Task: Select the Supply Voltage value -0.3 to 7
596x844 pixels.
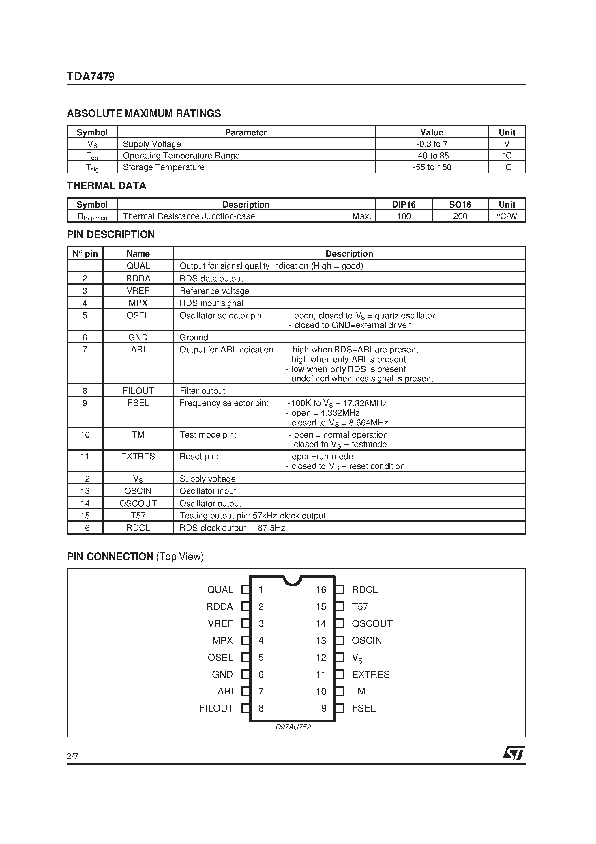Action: (432, 144)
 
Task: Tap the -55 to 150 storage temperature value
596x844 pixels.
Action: (432, 167)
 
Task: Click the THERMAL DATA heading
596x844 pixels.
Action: (106, 186)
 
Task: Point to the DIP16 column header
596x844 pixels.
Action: (404, 204)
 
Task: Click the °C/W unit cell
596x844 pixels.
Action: (507, 216)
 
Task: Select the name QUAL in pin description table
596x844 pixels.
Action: (138, 266)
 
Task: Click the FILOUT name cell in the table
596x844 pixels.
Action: (138, 391)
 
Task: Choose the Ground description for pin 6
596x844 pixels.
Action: (194, 337)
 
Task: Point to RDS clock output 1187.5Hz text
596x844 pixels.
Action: (232, 528)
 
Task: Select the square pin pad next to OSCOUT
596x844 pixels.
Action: (340, 623)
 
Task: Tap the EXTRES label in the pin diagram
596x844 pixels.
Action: (370, 675)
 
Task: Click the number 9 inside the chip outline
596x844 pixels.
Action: (324, 708)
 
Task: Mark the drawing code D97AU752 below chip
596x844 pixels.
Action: (293, 727)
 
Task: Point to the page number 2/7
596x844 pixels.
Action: (72, 756)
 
